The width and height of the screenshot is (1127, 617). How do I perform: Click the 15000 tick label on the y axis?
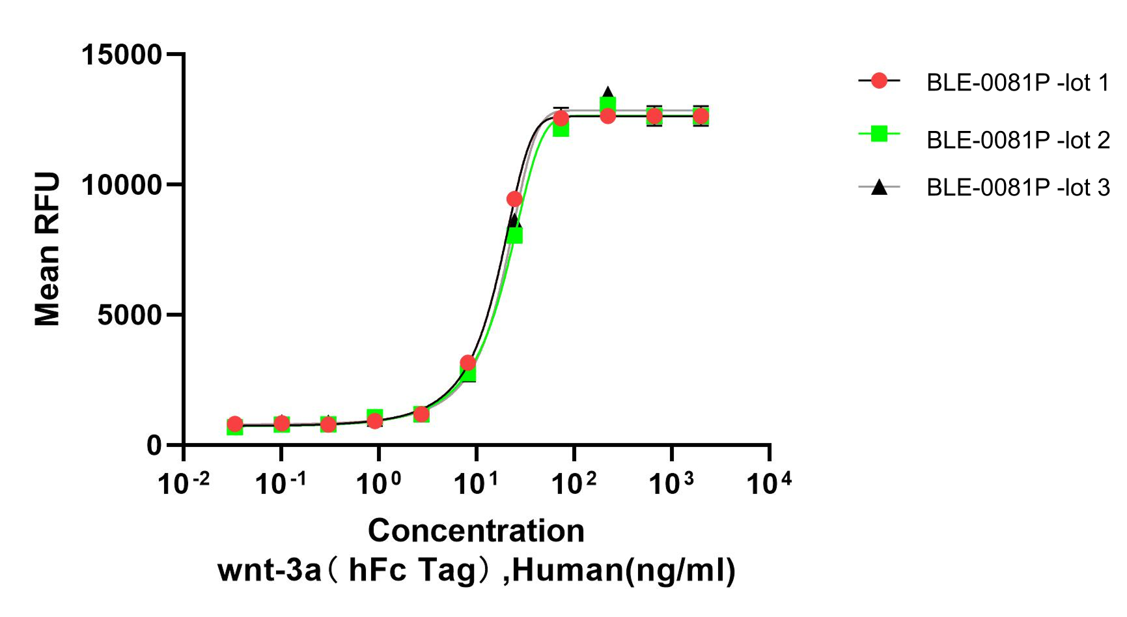coord(121,54)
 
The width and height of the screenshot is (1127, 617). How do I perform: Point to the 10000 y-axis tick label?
coord(121,184)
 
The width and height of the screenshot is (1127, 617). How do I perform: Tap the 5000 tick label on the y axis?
coord(130,315)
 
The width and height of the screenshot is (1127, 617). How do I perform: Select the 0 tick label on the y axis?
coord(154,445)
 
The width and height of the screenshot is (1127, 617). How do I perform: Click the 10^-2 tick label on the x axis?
coord(184,483)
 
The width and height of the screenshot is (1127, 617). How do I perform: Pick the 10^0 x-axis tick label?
coord(379,483)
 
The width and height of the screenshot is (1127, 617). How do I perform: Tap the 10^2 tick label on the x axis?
coord(574,483)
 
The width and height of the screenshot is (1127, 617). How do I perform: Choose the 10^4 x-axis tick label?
coord(770,483)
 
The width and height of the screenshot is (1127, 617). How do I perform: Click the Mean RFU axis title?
coord(47,249)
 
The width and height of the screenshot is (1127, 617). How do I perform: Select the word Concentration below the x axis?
coord(476,530)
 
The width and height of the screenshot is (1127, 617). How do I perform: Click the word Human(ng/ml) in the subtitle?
coord(624,570)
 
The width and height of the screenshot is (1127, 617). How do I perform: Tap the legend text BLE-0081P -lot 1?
coord(1018,83)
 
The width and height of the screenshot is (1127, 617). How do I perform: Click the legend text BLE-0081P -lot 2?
coord(1018,139)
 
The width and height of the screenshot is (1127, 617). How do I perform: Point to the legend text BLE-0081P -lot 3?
coord(1018,188)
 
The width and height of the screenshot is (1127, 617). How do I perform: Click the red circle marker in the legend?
coord(879,81)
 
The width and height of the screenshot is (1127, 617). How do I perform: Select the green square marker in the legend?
coord(879,134)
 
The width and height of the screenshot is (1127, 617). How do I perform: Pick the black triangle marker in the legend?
coord(879,187)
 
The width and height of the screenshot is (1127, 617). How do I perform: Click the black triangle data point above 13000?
coord(607,93)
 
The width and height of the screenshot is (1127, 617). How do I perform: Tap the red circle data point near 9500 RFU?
coord(514,199)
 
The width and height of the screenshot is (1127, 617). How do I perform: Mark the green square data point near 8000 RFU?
coord(514,235)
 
